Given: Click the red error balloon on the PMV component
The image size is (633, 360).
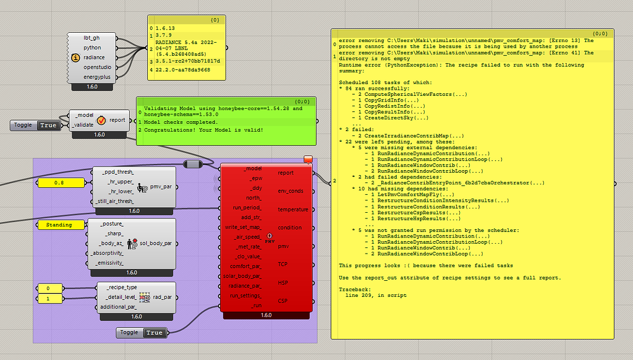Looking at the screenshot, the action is click(308, 160).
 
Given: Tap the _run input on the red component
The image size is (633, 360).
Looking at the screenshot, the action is click(256, 306).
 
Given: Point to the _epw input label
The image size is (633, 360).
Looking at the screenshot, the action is click(255, 178).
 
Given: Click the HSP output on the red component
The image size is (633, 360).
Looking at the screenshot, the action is click(283, 283).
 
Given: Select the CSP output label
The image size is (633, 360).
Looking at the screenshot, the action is click(283, 301).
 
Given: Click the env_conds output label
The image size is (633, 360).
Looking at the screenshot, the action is click(291, 191).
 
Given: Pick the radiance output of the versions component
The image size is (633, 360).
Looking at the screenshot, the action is click(94, 58).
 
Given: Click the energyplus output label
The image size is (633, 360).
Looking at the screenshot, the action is click(97, 77).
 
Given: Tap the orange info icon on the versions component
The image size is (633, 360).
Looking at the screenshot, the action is click(75, 58).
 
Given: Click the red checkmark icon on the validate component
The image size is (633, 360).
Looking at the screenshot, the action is click(101, 121).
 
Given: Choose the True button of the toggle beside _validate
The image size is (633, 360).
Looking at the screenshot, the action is click(48, 125).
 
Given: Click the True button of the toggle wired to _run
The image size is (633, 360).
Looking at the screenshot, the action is click(154, 333).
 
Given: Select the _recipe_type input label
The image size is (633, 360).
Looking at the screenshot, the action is click(122, 287).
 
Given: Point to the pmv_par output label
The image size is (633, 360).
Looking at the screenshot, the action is click(161, 187).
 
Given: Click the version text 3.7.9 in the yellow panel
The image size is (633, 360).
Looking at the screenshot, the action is click(163, 35).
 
